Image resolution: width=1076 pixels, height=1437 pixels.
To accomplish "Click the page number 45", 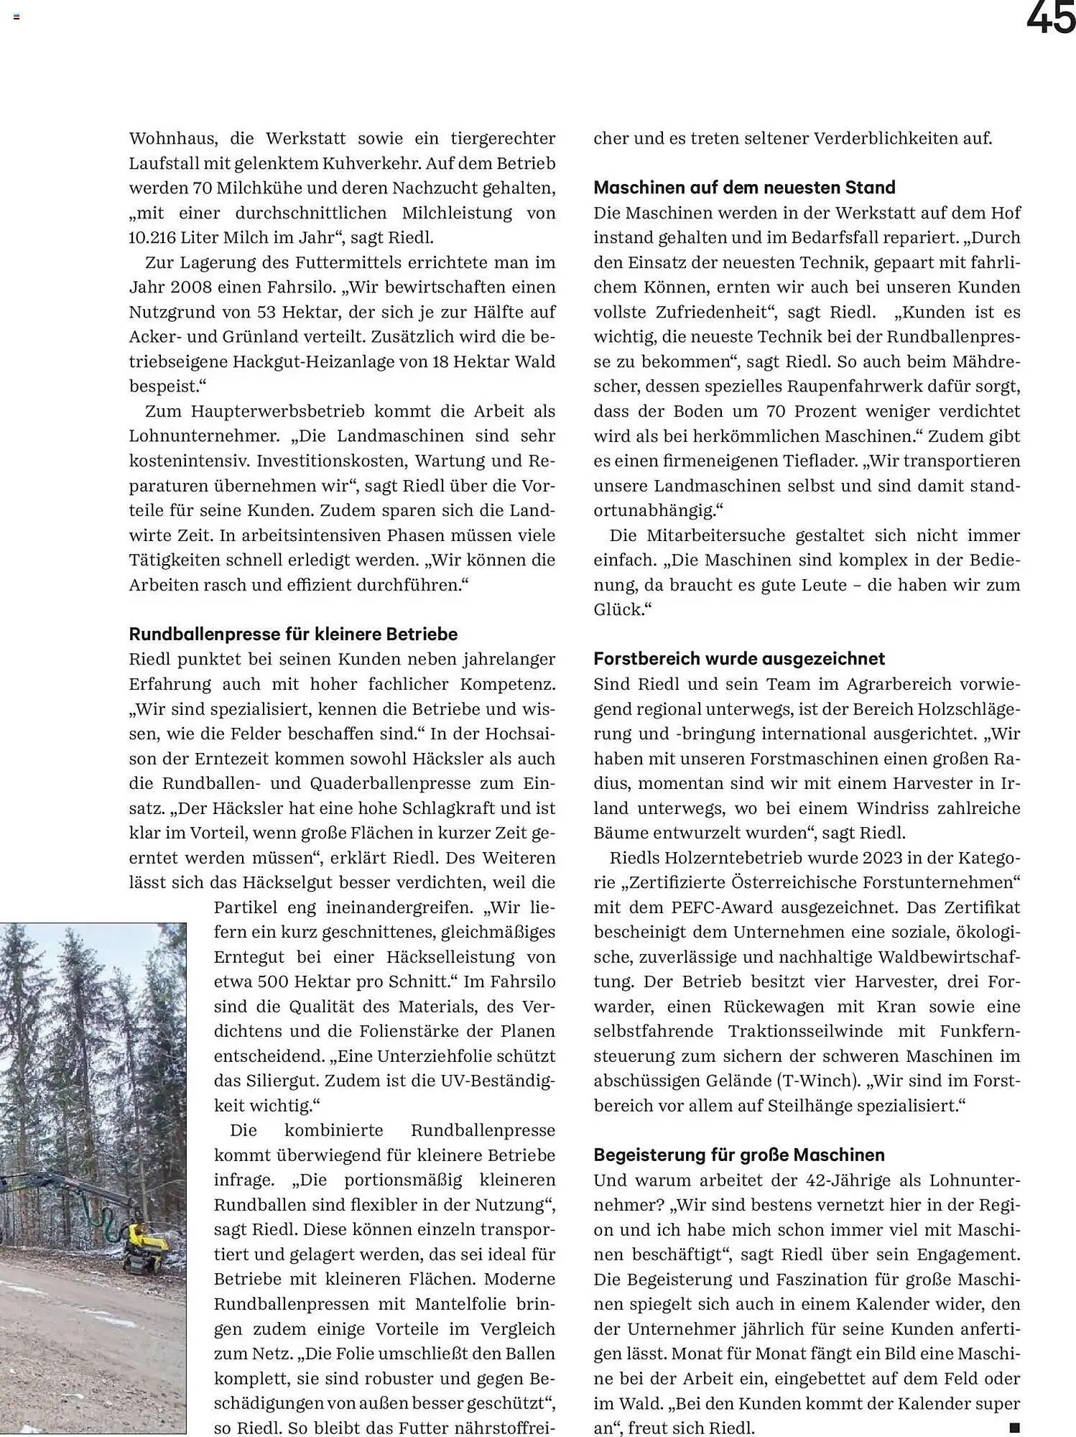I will [1050, 18].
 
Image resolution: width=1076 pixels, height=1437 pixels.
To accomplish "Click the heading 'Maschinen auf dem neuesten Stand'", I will [744, 188].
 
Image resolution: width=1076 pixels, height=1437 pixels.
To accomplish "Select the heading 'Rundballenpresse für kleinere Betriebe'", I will [293, 634].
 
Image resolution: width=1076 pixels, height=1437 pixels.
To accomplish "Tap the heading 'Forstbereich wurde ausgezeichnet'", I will [739, 659].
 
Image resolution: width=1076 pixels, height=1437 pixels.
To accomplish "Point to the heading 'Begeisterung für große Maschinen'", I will [739, 1155].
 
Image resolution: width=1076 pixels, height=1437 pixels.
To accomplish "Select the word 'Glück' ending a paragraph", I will [617, 610].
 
